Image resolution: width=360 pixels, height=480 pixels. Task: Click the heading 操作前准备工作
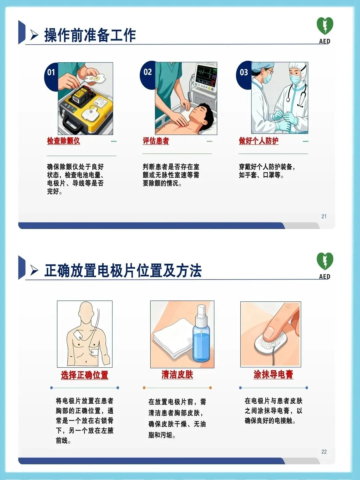(90, 35)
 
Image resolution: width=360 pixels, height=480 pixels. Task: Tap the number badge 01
(51, 73)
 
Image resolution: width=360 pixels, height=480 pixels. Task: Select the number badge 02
(148, 72)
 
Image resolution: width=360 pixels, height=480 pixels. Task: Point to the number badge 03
(244, 72)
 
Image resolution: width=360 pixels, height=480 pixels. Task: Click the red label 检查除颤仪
(63, 141)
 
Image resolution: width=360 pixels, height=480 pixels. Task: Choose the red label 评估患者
(156, 141)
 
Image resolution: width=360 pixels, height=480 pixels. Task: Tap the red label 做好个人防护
(258, 141)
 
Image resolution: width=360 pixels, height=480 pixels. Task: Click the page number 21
(324, 216)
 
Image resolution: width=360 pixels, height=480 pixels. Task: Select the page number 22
(324, 452)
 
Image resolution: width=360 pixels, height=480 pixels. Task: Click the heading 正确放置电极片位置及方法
(123, 271)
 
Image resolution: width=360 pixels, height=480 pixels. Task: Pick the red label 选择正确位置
(84, 375)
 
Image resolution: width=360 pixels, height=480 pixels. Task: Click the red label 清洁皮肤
(177, 374)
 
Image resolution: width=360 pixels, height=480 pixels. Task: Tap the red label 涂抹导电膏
(273, 374)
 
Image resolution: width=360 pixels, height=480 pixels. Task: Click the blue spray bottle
(201, 335)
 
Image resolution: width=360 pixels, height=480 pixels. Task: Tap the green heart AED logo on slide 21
(325, 26)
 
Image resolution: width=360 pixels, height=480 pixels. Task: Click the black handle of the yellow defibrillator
(70, 124)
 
